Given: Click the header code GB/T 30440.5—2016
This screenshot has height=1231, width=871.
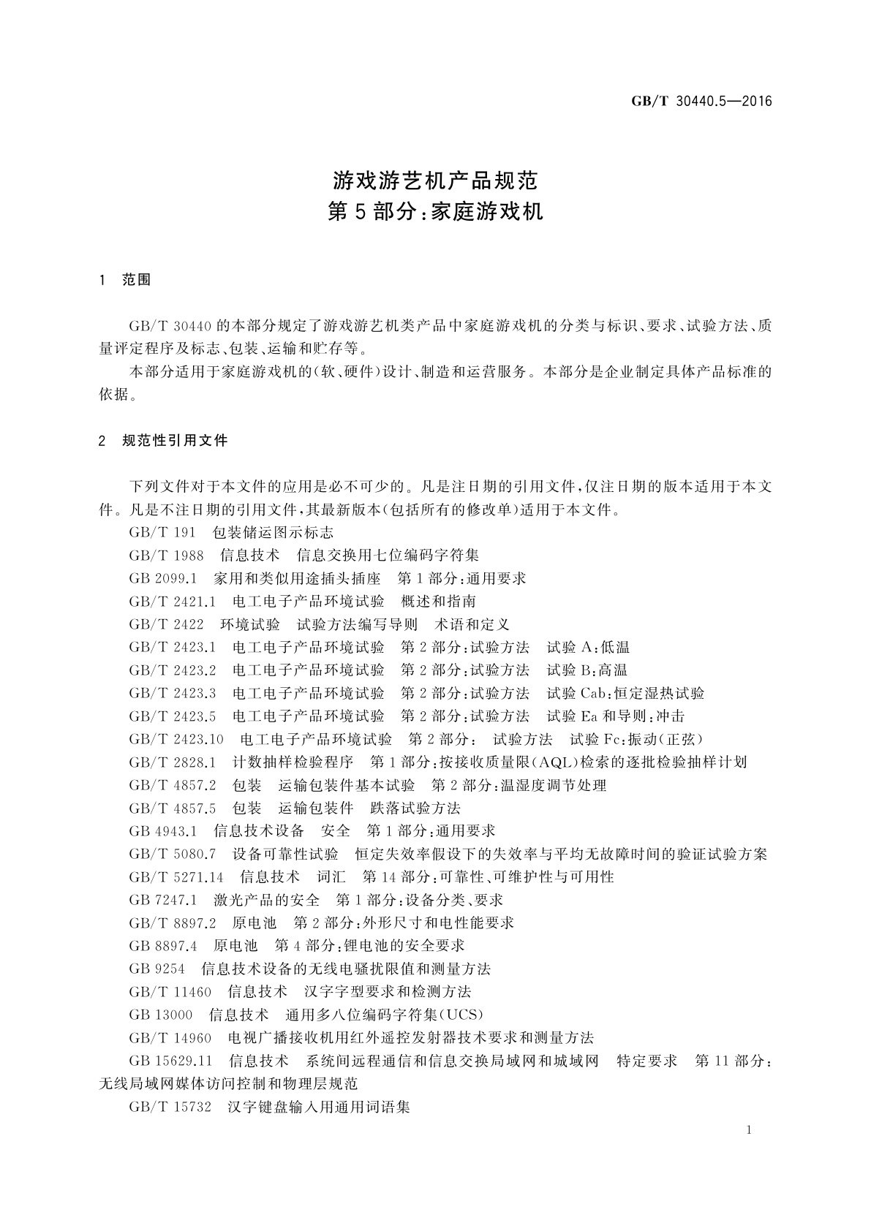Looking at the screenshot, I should (x=701, y=102).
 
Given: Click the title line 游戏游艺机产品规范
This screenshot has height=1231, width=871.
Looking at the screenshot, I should (x=435, y=179).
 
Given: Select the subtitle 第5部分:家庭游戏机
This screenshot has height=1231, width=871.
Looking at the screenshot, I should (x=435, y=212).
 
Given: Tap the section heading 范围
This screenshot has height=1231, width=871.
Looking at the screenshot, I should (x=136, y=280).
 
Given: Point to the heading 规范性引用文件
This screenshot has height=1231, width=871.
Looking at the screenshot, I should (x=176, y=441).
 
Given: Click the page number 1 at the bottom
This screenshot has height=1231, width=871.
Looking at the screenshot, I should (x=750, y=1131).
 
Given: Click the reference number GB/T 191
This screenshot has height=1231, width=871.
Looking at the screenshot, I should (x=162, y=533).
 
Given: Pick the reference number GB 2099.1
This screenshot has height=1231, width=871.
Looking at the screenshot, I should (x=163, y=579).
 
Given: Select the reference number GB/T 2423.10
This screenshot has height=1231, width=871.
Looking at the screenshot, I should (x=176, y=739).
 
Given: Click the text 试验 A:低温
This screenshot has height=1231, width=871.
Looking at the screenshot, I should (x=588, y=648).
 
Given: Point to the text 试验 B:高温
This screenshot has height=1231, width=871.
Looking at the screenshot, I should (x=587, y=670).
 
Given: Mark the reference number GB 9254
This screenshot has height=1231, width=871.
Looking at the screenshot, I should (x=155, y=969).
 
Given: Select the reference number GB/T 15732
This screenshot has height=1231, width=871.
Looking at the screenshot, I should (x=170, y=1107).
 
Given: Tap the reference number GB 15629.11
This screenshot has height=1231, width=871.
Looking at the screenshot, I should (x=170, y=1061).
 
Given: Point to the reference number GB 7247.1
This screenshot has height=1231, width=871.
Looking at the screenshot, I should (x=163, y=900).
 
